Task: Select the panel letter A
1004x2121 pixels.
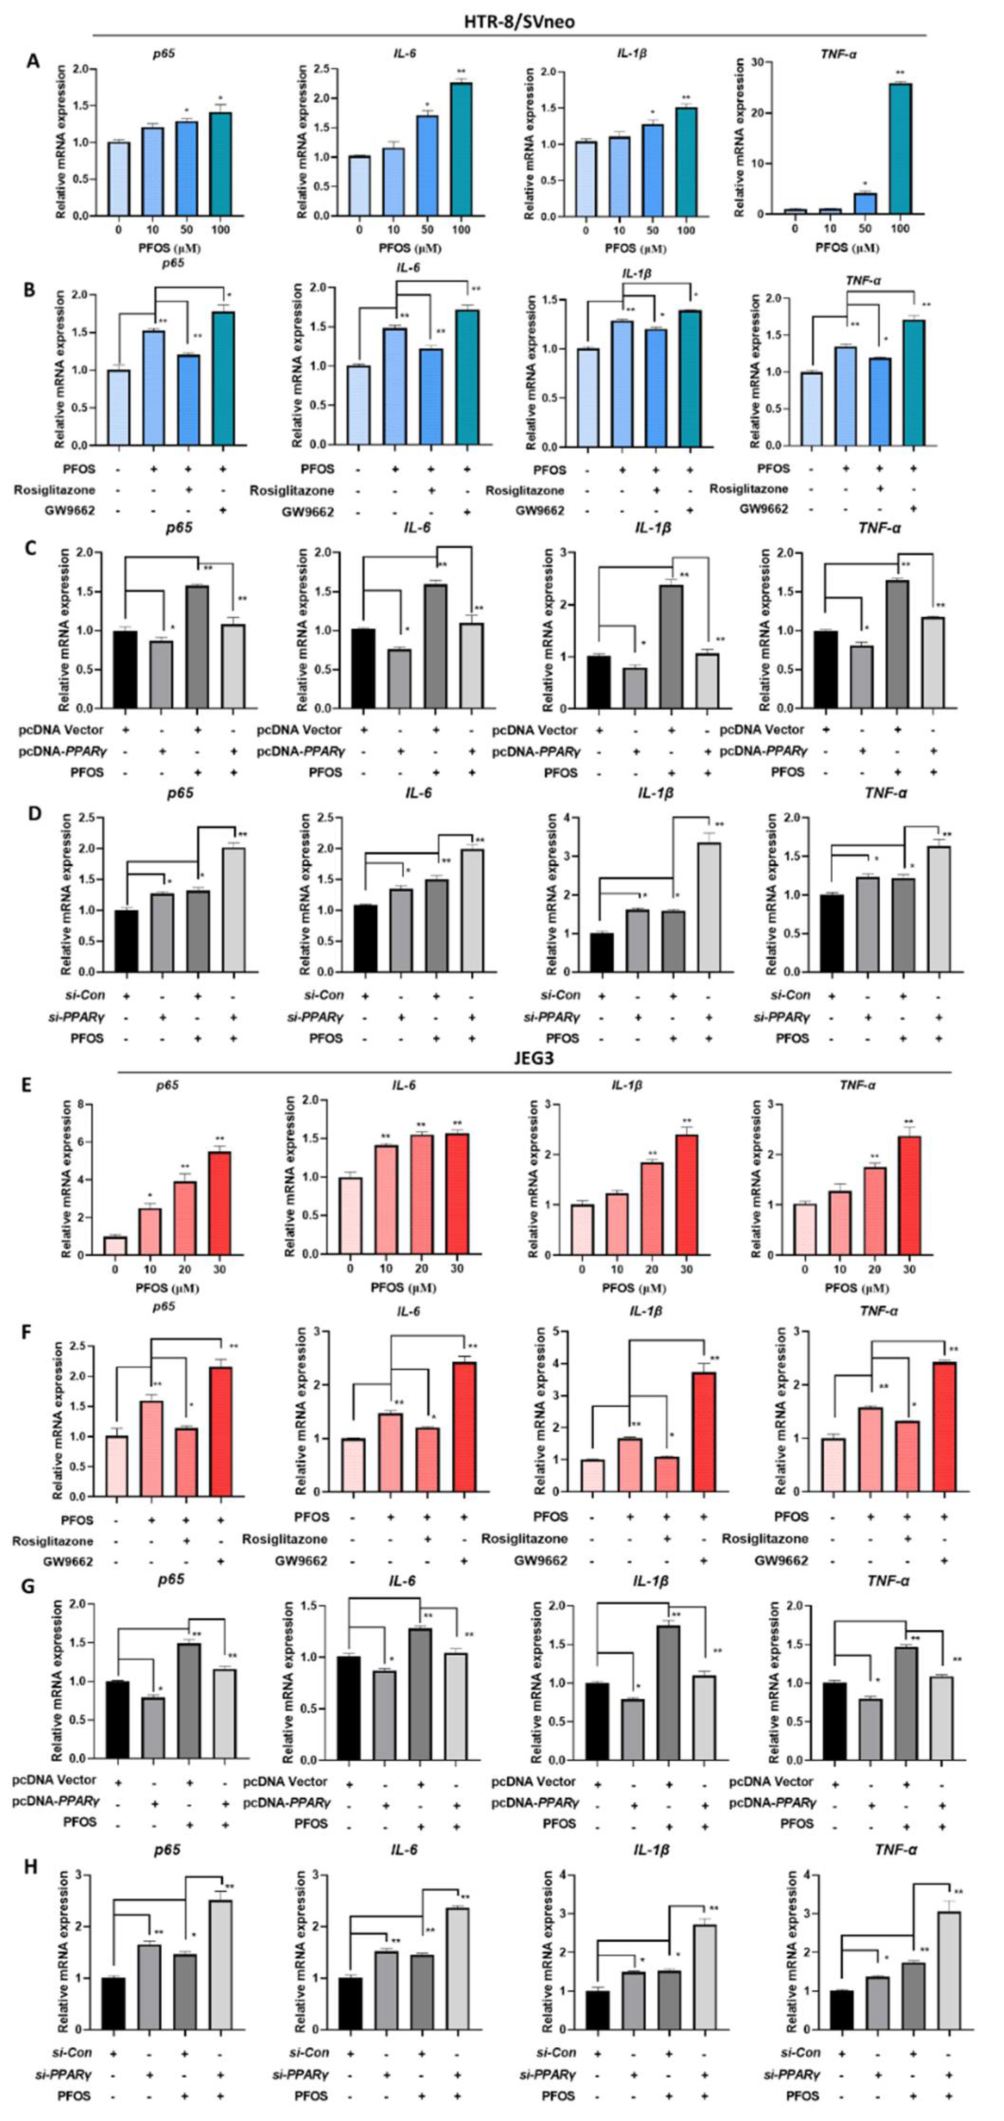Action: pyautogui.click(x=33, y=62)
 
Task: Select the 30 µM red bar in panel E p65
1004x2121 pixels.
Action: pyautogui.click(x=219, y=1203)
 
